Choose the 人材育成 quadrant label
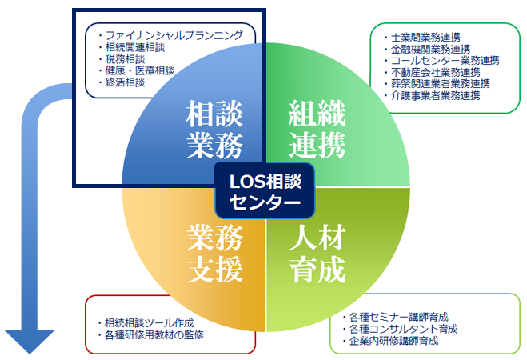tap(317, 252)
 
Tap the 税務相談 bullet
tap(129, 59)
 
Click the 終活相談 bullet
tap(129, 82)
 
